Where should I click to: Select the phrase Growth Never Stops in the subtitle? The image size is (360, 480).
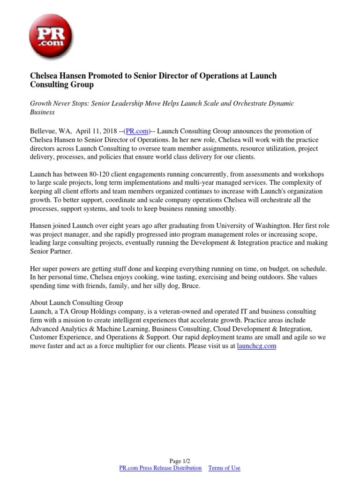point(59,103)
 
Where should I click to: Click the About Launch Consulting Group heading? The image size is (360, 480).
point(76,302)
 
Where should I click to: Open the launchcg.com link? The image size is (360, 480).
point(256,345)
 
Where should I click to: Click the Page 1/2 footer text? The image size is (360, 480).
point(180,461)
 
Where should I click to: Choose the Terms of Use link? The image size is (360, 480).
point(224,468)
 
